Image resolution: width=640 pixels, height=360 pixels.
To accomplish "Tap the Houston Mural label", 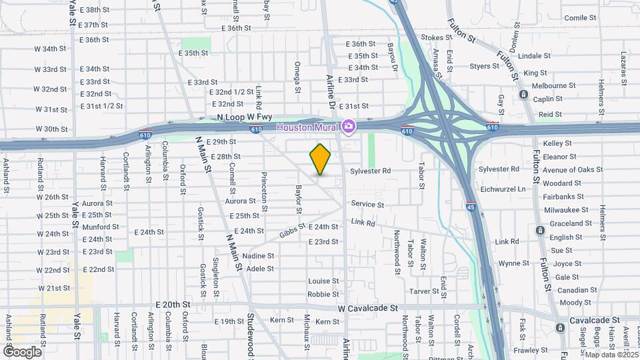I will (x=308, y=127).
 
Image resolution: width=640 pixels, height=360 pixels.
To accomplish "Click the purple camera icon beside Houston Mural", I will (x=348, y=126).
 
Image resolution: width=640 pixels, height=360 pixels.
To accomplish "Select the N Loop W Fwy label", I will (x=245, y=117).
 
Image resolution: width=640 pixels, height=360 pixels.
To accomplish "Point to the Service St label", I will (x=367, y=205).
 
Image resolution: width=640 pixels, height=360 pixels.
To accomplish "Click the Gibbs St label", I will (x=292, y=231).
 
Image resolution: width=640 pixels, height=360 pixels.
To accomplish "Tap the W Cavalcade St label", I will (x=367, y=309).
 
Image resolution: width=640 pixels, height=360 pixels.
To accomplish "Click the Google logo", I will (x=22, y=351).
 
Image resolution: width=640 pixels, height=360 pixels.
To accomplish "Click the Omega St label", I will (x=297, y=74).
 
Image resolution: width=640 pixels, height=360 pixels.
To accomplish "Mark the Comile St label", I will (x=579, y=18).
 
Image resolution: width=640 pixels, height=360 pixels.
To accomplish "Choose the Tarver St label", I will (x=423, y=291).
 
